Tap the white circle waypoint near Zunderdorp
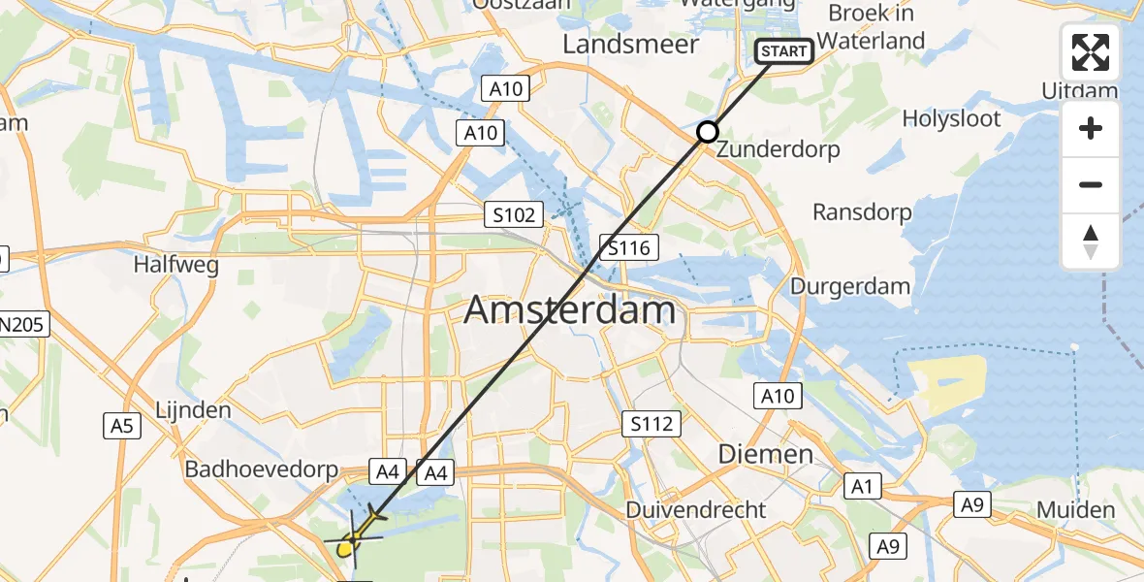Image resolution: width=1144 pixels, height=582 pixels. pyautogui.click(x=708, y=132)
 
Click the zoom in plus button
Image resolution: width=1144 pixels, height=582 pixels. pyautogui.click(x=1091, y=129)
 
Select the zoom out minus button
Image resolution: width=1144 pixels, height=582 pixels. pyautogui.click(x=1091, y=185)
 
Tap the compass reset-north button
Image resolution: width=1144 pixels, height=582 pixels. pyautogui.click(x=1091, y=242)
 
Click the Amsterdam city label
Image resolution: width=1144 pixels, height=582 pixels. pyautogui.click(x=569, y=310)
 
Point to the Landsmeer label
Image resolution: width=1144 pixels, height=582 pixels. pyautogui.click(x=630, y=45)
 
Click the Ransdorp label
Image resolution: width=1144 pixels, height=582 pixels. pyautogui.click(x=862, y=212)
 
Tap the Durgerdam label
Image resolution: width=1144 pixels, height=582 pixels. pyautogui.click(x=850, y=286)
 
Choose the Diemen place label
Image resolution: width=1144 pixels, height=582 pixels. pyautogui.click(x=765, y=454)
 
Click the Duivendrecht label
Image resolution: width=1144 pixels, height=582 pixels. pyautogui.click(x=696, y=510)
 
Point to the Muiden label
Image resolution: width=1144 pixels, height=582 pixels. pyautogui.click(x=1075, y=510)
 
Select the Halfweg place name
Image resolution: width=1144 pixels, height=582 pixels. pyautogui.click(x=175, y=264)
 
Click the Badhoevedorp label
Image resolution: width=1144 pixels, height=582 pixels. pyautogui.click(x=262, y=470)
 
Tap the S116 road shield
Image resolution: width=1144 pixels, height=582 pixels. pyautogui.click(x=629, y=247)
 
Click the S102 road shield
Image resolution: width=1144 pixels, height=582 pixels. pyautogui.click(x=514, y=214)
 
